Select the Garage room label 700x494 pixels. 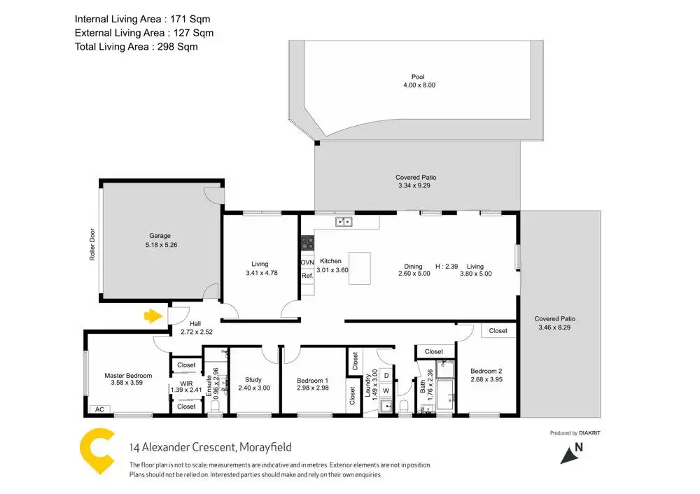pyautogui.click(x=160, y=236)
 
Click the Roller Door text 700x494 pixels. pyautogui.click(x=92, y=246)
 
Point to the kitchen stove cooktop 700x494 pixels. pyautogui.click(x=307, y=244)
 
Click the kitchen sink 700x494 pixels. pyautogui.click(x=343, y=223)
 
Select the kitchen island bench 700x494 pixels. pyautogui.click(x=360, y=268)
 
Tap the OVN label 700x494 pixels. pyautogui.click(x=307, y=262)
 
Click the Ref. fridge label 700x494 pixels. pyautogui.click(x=307, y=276)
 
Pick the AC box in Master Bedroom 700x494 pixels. pyautogui.click(x=99, y=409)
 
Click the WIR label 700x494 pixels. pyautogui.click(x=185, y=384)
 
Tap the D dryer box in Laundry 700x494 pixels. pyautogui.click(x=386, y=376)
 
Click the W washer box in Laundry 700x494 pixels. pyautogui.click(x=386, y=390)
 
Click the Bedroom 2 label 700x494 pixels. pyautogui.click(x=486, y=371)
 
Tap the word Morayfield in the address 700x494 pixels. pyautogui.click(x=265, y=447)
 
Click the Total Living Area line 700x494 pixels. pyautogui.click(x=136, y=47)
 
